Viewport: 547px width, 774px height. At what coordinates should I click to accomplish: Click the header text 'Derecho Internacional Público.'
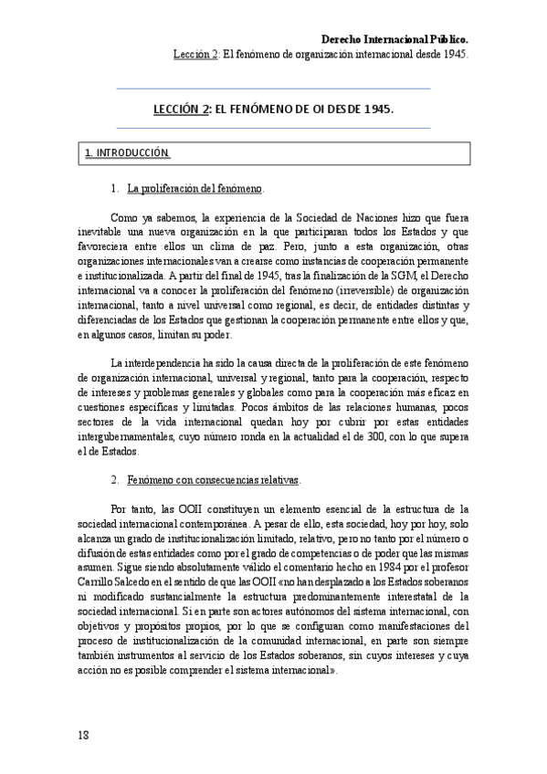(395, 39)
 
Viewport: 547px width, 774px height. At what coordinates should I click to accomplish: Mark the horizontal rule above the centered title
(273, 89)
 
